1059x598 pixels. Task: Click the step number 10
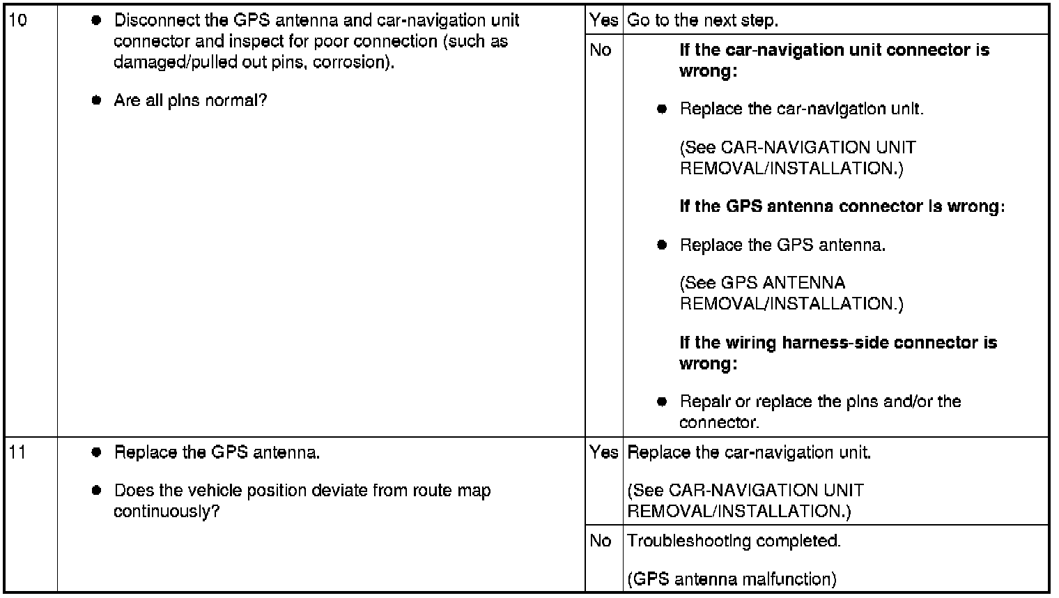point(18,20)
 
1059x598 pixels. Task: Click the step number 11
point(17,453)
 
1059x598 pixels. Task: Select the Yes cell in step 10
point(604,20)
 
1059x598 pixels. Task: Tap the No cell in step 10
point(601,50)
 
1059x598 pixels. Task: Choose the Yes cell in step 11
point(604,453)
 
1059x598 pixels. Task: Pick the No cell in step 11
point(601,541)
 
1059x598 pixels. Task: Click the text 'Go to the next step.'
point(702,21)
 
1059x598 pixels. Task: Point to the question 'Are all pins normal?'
point(190,101)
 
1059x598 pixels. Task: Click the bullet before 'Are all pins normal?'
point(96,100)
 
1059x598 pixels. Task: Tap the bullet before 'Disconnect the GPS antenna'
point(96,20)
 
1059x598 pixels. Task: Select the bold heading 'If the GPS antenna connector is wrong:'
point(842,207)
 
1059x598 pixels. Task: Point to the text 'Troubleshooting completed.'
point(734,542)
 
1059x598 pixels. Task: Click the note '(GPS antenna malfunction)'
point(732,579)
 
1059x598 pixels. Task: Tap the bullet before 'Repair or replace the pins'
point(662,401)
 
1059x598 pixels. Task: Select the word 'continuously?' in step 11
point(167,512)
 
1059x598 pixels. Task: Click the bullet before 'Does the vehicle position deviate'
point(96,491)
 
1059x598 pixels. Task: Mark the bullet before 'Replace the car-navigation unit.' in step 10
point(662,109)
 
